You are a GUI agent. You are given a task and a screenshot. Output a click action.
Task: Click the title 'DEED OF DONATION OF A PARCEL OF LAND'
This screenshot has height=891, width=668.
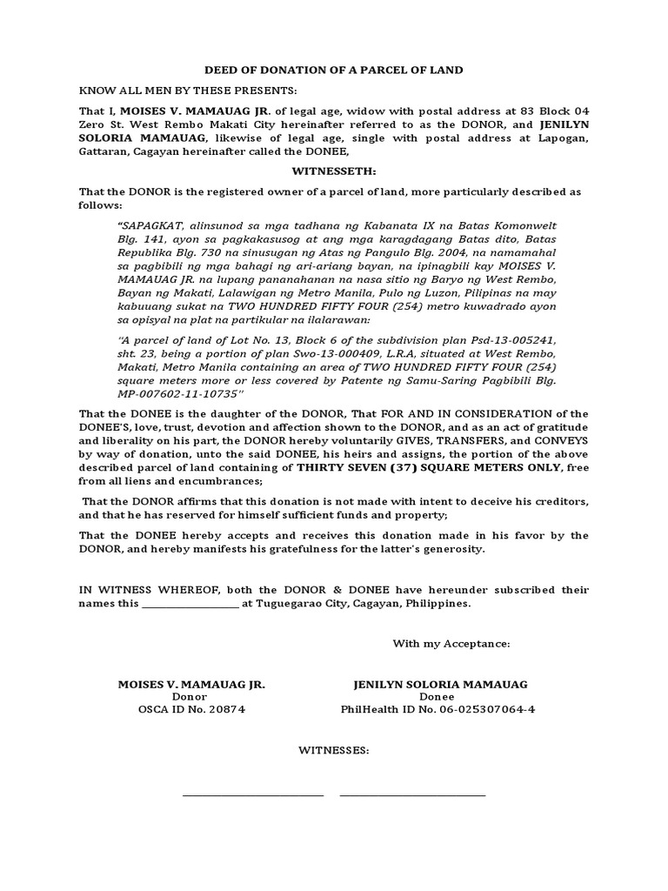click(333, 70)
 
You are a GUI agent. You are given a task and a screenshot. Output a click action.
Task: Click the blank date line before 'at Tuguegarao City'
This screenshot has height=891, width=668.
click(190, 603)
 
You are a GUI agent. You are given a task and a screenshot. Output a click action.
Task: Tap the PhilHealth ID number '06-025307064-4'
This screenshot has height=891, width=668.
click(480, 709)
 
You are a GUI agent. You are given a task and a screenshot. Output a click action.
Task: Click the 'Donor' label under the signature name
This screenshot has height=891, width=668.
click(190, 697)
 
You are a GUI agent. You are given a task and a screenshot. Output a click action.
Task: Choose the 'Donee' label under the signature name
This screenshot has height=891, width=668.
click(436, 697)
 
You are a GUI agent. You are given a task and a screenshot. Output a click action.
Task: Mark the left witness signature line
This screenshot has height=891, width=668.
click(252, 794)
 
